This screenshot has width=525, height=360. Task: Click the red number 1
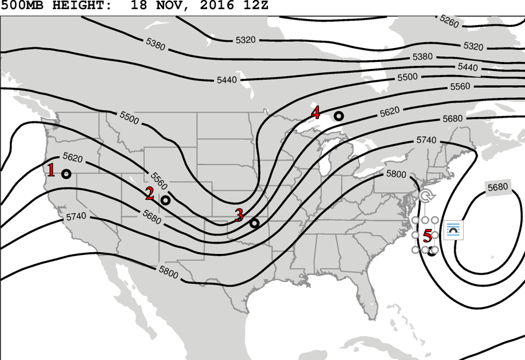51,170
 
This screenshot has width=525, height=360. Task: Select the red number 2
150,194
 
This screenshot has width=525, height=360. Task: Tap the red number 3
239,216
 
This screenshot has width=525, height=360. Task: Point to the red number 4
316,112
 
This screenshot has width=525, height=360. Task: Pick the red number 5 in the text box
427,236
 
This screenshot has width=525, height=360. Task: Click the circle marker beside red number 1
67,174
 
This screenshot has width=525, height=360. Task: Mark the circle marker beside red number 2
166,200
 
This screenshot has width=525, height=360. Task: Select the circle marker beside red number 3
255,223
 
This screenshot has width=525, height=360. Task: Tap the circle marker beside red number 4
339,116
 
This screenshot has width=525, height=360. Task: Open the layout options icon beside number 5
454,230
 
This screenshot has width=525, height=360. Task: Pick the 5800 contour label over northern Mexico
168,274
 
